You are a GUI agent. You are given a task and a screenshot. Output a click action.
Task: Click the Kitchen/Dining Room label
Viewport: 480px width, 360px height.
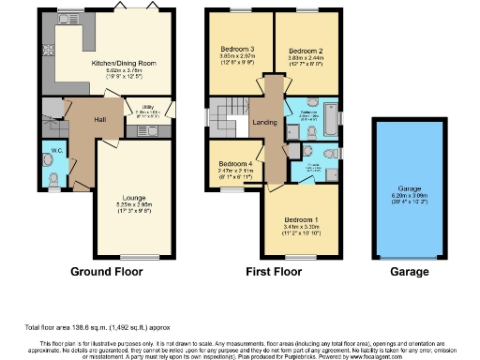(123, 64)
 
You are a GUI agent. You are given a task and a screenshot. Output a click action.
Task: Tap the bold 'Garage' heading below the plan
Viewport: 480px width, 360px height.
(410, 273)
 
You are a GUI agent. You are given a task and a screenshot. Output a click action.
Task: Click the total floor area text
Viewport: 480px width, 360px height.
(81, 327)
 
